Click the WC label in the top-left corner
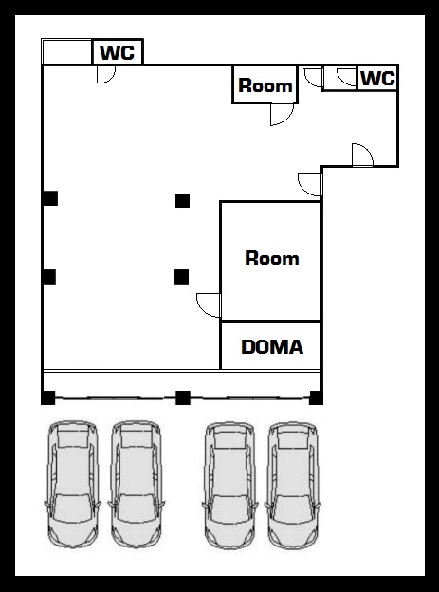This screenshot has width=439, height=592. point(117,52)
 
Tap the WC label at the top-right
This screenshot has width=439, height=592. point(377,79)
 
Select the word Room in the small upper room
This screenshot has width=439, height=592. point(265,85)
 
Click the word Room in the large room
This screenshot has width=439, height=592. point(272,258)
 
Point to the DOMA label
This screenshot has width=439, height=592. point(272,347)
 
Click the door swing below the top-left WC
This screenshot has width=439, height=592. point(105,74)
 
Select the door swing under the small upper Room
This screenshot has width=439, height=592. point(282,114)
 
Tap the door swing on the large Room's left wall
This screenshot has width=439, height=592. point(209,305)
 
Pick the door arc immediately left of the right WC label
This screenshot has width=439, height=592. point(347,77)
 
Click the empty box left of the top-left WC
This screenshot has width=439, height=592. point(66,52)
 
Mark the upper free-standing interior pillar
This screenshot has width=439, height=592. point(182,200)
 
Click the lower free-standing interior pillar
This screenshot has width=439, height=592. point(181,277)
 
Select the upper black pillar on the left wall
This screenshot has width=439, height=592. point(50,198)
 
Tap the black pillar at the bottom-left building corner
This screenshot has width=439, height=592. point(48,398)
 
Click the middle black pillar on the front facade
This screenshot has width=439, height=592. point(183,398)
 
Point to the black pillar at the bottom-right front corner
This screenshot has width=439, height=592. point(316,398)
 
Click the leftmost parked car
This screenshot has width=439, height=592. point(72,485)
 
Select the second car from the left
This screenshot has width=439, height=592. point(136,485)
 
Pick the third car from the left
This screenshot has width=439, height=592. point(229,485)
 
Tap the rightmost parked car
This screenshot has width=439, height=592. point(293,485)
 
